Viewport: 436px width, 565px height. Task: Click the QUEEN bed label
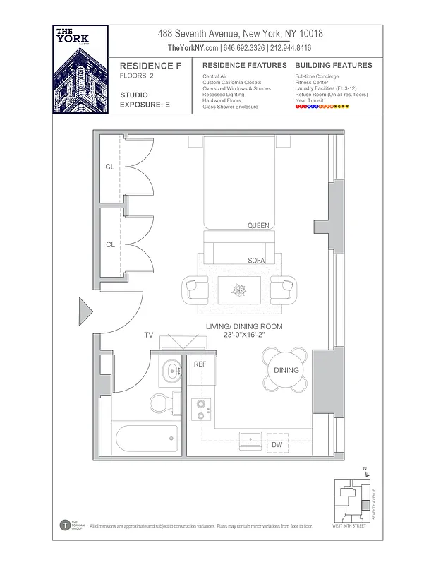point(258,225)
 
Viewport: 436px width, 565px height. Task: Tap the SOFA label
point(256,261)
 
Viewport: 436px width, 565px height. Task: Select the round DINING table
point(286,370)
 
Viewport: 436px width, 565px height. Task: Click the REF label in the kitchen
point(200,365)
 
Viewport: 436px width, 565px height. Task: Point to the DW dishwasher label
point(277,445)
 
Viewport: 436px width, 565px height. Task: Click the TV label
point(149,335)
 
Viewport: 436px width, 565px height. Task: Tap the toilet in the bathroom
point(160,403)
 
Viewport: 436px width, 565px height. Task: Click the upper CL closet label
point(110,167)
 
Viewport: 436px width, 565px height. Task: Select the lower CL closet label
point(110,244)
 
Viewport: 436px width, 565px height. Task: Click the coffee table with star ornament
point(240,290)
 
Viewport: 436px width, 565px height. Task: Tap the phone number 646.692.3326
point(244,48)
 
